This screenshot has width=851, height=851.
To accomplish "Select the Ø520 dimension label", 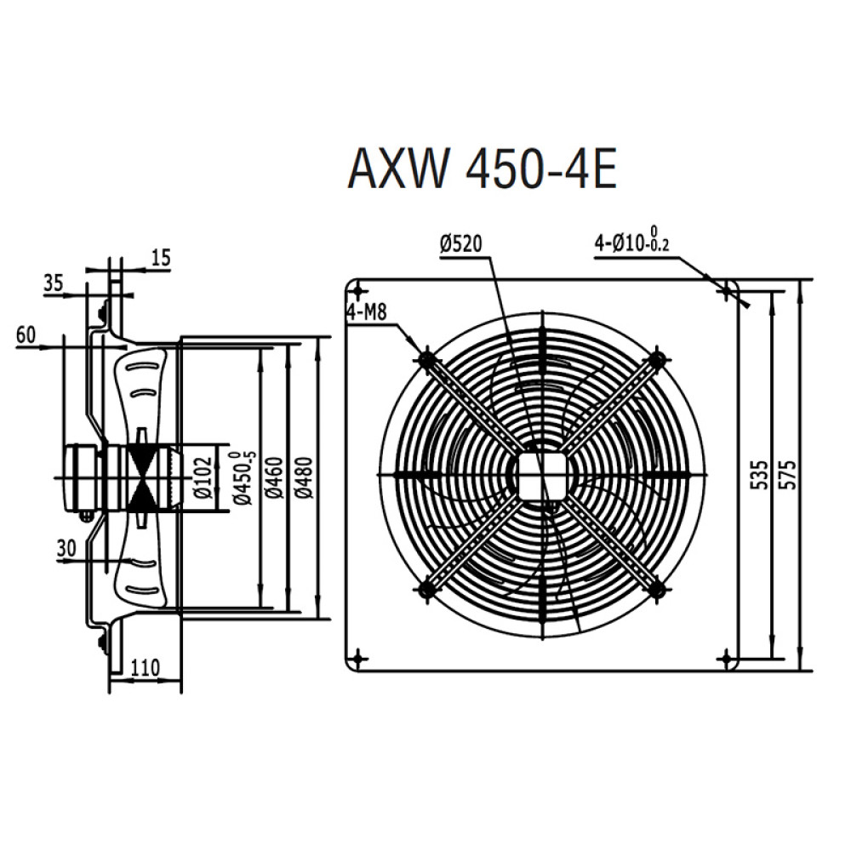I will pos(461,244).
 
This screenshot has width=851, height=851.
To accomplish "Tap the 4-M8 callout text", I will pos(367,312).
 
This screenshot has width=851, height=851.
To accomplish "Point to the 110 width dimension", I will pos(145,669).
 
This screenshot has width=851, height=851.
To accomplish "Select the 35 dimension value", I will pos(53,283).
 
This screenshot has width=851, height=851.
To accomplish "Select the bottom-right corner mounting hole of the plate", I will pos(725,658).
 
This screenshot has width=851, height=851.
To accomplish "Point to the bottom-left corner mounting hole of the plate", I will pos(359,658).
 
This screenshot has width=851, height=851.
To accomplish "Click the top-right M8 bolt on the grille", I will pos(656,360).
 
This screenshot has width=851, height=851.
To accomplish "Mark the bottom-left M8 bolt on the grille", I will pos(426,587).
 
